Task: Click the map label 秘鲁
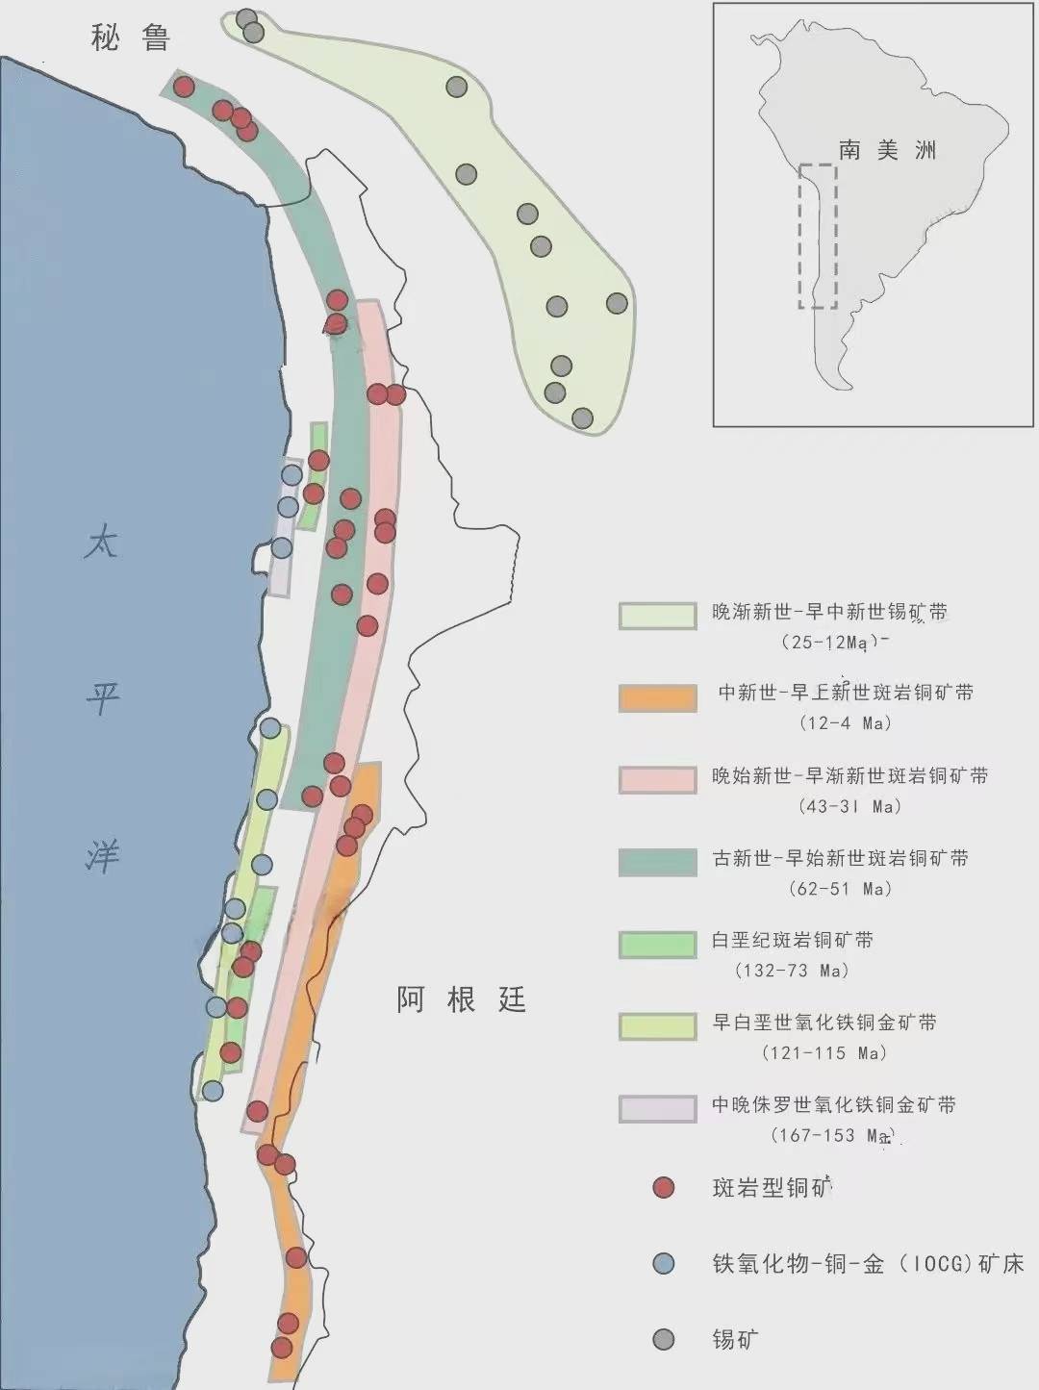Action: click(x=131, y=38)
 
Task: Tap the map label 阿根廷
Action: click(x=461, y=1000)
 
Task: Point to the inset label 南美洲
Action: click(x=887, y=150)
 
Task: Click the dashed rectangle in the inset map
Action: click(x=817, y=237)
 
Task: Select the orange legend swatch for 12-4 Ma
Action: click(x=657, y=697)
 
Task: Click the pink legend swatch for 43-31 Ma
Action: click(x=657, y=780)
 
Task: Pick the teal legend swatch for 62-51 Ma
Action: click(x=657, y=862)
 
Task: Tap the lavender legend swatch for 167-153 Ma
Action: click(x=657, y=1108)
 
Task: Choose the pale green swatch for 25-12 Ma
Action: click(x=657, y=616)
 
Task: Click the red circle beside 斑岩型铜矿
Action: click(x=663, y=1188)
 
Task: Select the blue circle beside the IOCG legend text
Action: click(x=663, y=1264)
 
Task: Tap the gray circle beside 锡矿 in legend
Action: click(x=663, y=1339)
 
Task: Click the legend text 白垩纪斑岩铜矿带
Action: click(x=792, y=940)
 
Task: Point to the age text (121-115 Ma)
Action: click(x=824, y=1053)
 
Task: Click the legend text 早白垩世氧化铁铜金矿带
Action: click(x=824, y=1023)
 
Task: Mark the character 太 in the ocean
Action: click(x=102, y=543)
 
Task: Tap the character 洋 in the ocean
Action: click(x=102, y=854)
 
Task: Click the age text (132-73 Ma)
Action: click(x=792, y=971)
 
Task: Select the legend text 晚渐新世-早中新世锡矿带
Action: click(x=828, y=612)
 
